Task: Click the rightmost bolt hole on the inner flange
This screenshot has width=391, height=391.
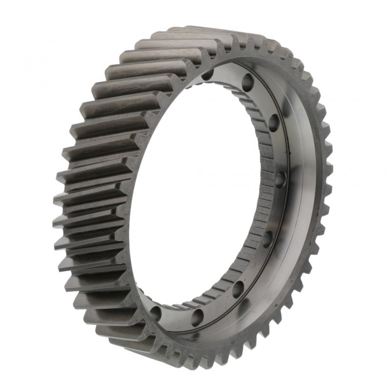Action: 280,179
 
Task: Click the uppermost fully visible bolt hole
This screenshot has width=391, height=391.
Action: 247,81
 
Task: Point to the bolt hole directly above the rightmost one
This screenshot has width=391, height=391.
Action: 273,123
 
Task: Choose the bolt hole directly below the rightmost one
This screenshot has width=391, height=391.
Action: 267,239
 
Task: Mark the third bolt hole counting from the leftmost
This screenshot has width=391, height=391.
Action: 238,289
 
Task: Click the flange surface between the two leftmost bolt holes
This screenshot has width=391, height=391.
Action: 176,318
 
